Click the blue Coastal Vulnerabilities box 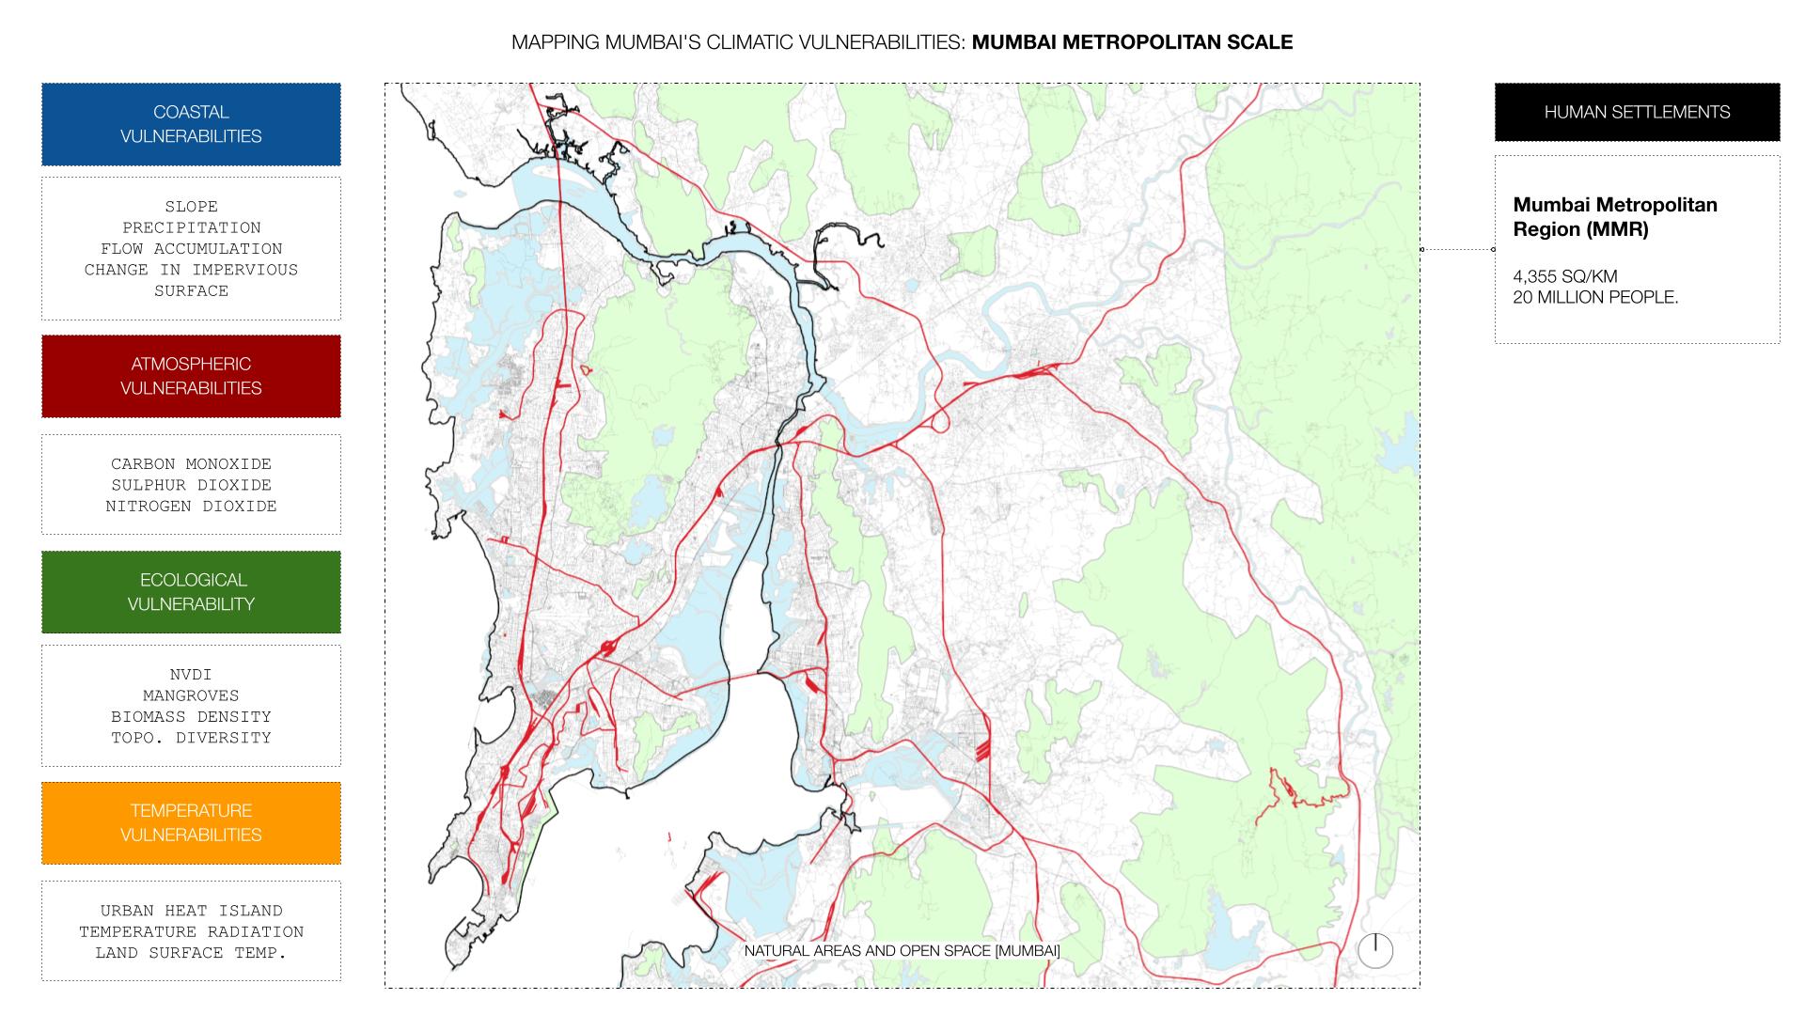pos(191,124)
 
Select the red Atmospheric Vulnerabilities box pos(191,376)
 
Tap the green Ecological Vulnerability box pos(191,592)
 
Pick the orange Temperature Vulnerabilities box pos(191,822)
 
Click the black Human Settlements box pos(1637,112)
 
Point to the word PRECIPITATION pos(191,227)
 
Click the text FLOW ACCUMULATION pos(191,248)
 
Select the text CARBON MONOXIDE pos(191,463)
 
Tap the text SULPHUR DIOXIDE pos(191,485)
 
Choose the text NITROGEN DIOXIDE pos(191,506)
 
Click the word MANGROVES pos(191,695)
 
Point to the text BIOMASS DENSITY pos(191,716)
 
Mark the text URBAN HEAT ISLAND pos(191,910)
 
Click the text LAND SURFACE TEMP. pos(191,952)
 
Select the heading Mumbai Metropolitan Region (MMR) pos(1614,217)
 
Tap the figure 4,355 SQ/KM pos(1564,276)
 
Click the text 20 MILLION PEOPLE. pos(1594,297)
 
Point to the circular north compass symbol pos(1374,950)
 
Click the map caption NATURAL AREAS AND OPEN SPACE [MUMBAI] pos(902,950)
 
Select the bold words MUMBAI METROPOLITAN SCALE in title pos(1132,42)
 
